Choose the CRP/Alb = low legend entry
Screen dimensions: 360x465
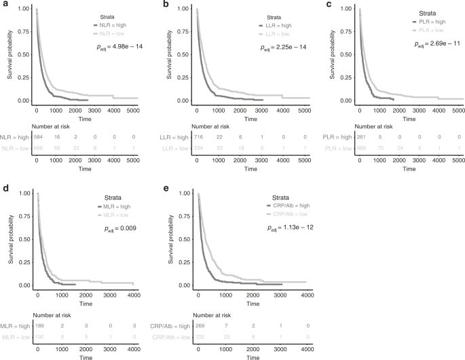(285, 213)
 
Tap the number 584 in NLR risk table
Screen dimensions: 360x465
(38, 137)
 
